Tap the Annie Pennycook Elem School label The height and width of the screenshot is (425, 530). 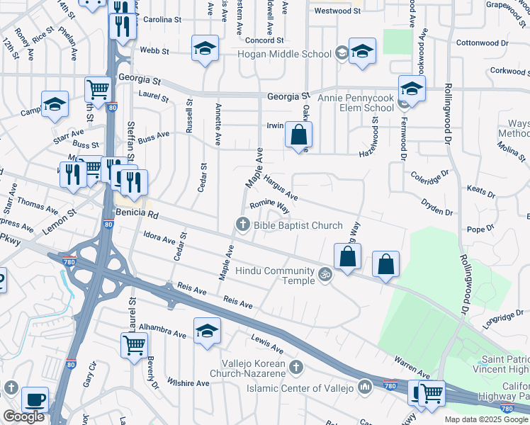[355, 102]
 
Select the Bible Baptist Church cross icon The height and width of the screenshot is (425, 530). [242, 225]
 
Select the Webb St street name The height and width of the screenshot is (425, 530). [154, 51]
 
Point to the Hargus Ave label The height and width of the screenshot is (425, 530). [281, 187]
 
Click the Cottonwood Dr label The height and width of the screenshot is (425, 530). [483, 42]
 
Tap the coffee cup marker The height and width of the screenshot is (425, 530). [35, 399]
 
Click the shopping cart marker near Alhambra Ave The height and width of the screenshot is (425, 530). [134, 346]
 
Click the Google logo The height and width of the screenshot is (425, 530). [24, 416]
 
